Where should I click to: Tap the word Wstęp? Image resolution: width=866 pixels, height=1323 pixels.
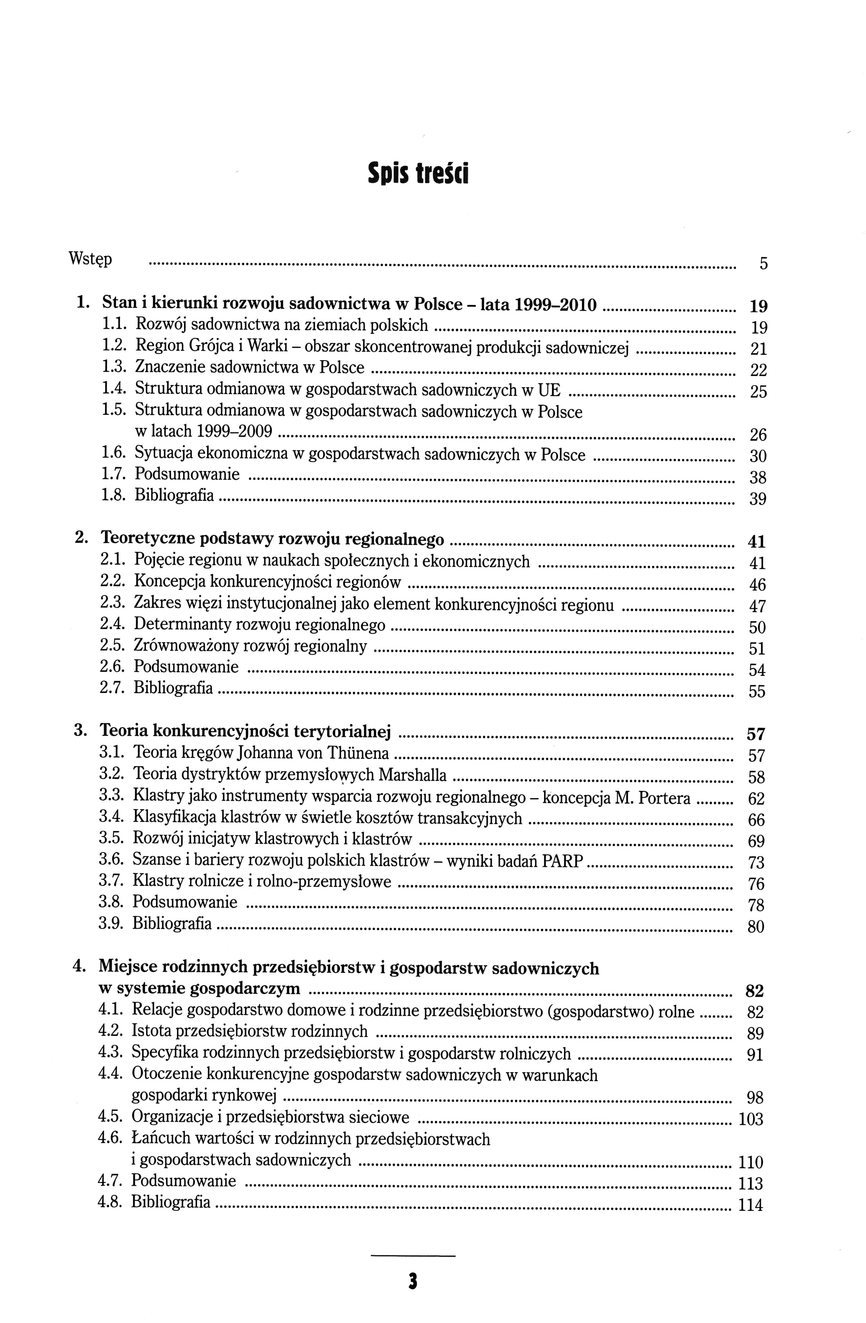pos(90,259)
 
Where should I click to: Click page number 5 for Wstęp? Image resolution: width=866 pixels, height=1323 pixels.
pos(763,264)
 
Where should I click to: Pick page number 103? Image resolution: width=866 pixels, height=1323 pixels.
pos(750,1118)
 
